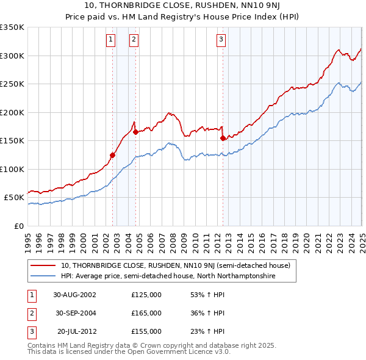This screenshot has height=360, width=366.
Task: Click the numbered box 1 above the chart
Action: [110, 40]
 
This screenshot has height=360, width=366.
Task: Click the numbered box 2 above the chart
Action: [134, 40]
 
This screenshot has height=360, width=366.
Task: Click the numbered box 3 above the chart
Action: [221, 40]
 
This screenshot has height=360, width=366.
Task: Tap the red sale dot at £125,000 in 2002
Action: [113, 155]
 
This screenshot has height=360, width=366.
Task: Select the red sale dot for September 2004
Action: [135, 132]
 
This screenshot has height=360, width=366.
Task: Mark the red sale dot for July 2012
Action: [223, 138]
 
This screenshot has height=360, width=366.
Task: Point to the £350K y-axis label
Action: [12, 27]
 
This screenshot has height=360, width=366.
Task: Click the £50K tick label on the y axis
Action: [14, 198]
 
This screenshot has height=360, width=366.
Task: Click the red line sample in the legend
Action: [43, 265]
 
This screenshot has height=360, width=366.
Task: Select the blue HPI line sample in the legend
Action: [43, 276]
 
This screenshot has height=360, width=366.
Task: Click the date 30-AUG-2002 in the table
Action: [74, 295]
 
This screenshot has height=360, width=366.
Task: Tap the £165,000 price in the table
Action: [146, 313]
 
